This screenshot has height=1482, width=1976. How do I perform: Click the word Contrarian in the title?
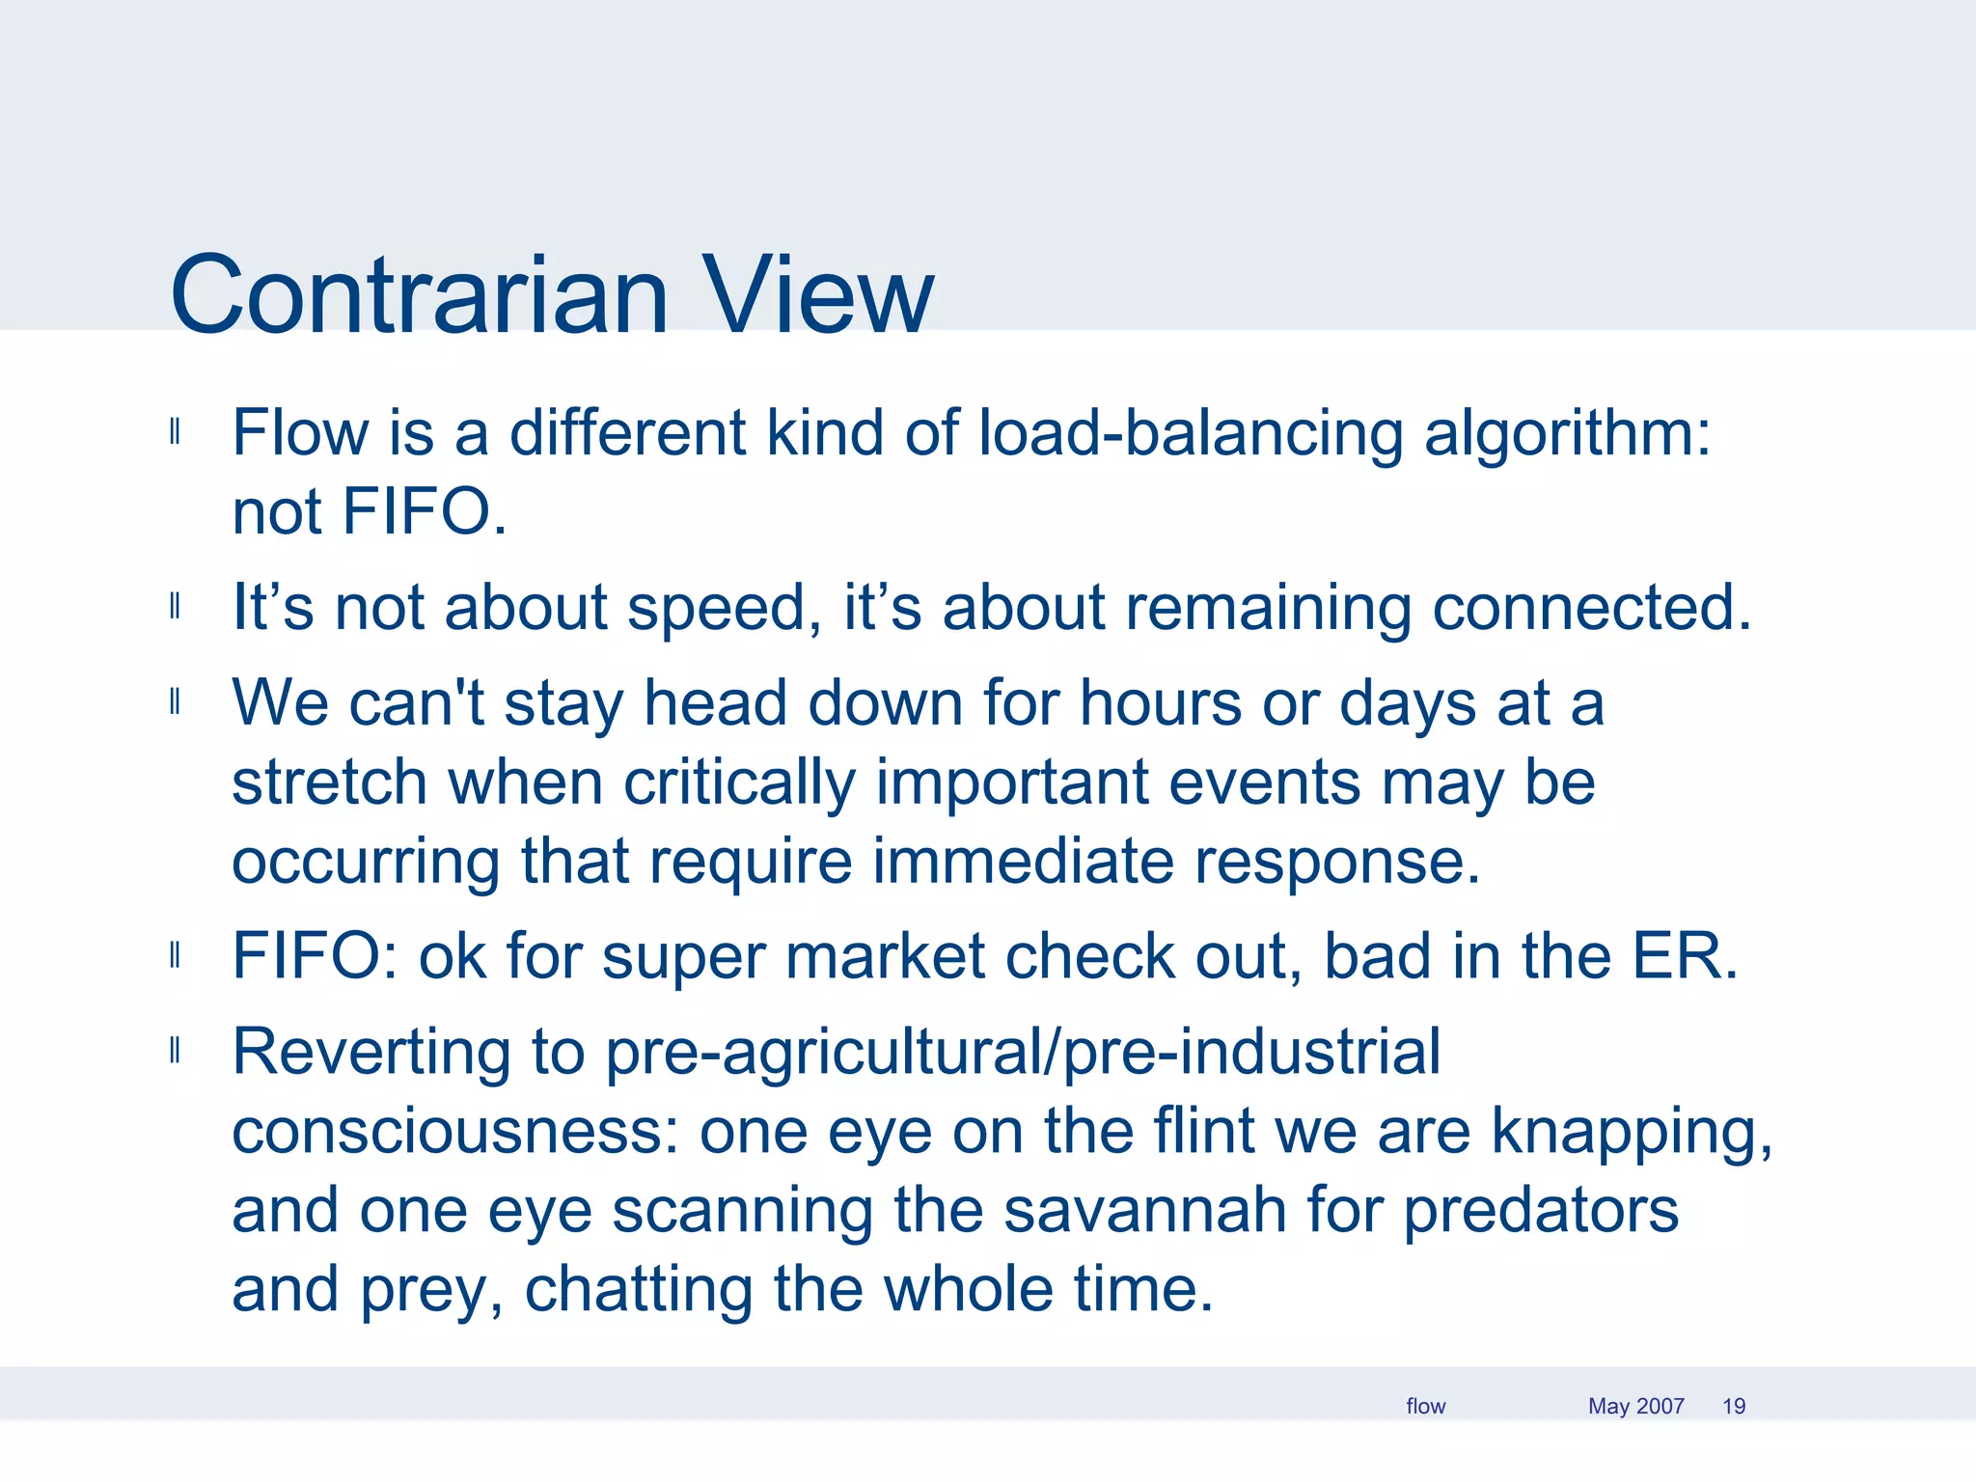pyautogui.click(x=419, y=294)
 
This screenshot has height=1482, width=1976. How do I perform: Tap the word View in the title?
pyautogui.click(x=817, y=294)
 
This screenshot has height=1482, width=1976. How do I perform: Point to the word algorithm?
pyautogui.click(x=1567, y=434)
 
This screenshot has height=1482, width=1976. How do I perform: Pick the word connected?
pyautogui.click(x=1591, y=608)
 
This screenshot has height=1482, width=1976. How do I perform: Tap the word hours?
pyautogui.click(x=1161, y=702)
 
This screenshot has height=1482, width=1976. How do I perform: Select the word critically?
pyautogui.click(x=739, y=782)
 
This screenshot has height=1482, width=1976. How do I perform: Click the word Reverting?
pyautogui.click(x=372, y=1052)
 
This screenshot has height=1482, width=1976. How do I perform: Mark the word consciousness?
pyautogui.click(x=456, y=1131)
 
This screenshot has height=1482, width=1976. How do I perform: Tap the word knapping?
pyautogui.click(x=1632, y=1133)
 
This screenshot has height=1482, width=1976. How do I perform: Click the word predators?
pyautogui.click(x=1540, y=1212)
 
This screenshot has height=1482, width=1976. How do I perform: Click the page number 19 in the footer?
pyautogui.click(x=1734, y=1406)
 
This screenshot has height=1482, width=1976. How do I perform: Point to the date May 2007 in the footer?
pyautogui.click(x=1635, y=1406)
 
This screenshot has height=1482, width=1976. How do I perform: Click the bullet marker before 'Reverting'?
pyautogui.click(x=175, y=1050)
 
